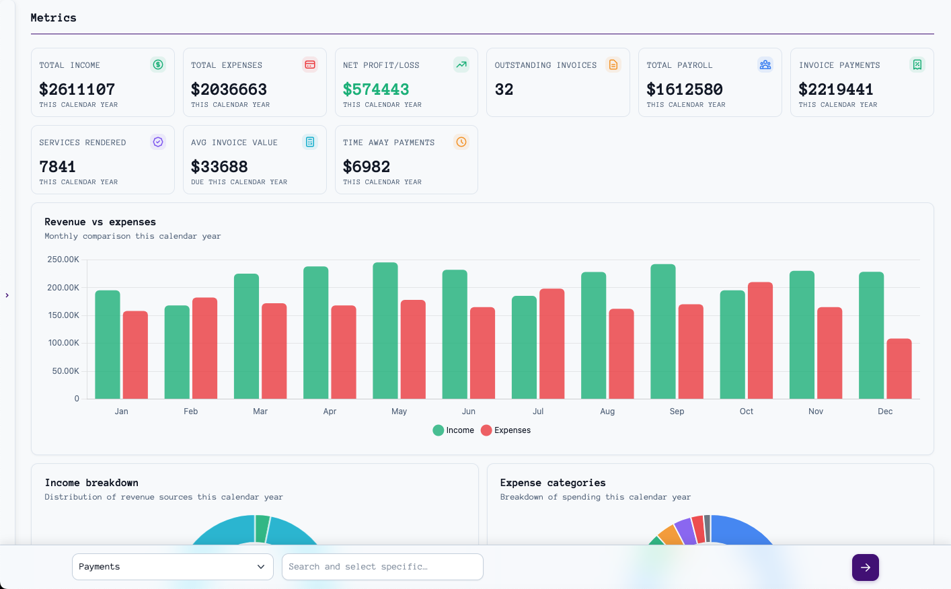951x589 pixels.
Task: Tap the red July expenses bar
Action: [551, 344]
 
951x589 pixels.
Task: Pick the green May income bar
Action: [385, 330]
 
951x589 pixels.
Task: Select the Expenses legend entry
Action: [506, 430]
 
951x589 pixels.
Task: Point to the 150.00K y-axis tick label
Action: [63, 315]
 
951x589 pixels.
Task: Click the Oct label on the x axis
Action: [746, 411]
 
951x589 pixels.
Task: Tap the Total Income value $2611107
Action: [77, 89]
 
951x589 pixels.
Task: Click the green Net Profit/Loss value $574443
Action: [375, 89]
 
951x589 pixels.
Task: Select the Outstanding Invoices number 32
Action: [504, 89]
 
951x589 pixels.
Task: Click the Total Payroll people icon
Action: [765, 65]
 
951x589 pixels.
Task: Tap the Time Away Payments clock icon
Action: [461, 142]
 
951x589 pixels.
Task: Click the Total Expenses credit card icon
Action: [310, 65]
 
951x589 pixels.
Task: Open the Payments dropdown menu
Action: [172, 567]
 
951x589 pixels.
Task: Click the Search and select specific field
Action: [382, 567]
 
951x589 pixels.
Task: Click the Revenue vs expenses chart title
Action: [100, 222]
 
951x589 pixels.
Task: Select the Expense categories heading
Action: [552, 483]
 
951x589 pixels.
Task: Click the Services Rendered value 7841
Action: [57, 167]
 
